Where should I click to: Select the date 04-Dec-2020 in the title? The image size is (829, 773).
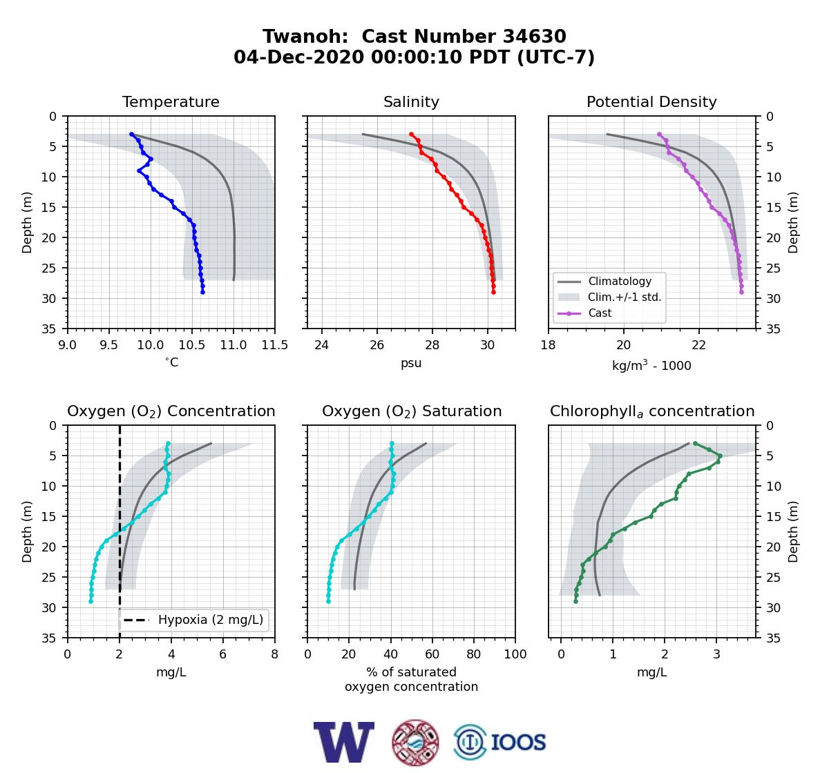298,57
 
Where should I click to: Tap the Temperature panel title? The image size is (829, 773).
171,101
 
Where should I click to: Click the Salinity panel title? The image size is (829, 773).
411,101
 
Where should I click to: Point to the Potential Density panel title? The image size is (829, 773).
651,101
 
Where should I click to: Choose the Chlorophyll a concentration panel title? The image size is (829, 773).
652,411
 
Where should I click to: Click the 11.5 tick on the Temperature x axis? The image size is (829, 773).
275,345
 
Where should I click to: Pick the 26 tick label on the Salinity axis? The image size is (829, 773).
377,345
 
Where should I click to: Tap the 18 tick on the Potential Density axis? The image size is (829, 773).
548,345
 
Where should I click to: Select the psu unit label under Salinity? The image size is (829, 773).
411,363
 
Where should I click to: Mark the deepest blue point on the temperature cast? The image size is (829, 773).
203,292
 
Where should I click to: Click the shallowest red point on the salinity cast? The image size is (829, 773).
411,135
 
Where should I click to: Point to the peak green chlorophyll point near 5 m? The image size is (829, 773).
720,456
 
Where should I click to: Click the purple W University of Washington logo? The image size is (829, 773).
344,743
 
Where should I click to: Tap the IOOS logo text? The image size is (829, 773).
518,743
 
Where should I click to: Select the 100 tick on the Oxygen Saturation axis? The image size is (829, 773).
515,654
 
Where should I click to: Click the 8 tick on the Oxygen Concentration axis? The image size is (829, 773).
274,654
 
